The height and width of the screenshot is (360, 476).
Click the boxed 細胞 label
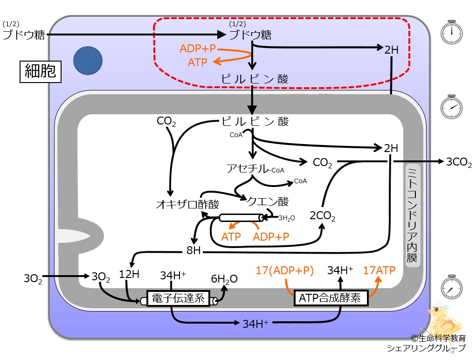tap(41, 72)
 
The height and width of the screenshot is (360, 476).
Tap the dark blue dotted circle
tap(88, 61)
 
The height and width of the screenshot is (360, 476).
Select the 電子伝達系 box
tap(178, 298)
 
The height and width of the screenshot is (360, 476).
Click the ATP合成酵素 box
tap(331, 298)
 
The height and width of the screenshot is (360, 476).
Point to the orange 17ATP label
tap(379, 270)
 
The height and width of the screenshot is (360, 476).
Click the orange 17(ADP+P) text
tap(284, 270)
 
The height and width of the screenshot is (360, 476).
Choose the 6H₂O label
tap(224, 279)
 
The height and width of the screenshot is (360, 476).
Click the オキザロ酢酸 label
tap(187, 204)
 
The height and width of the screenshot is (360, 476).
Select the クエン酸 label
tap(268, 201)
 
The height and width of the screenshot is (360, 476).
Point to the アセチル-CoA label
tap(255, 168)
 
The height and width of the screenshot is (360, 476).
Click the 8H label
tap(193, 250)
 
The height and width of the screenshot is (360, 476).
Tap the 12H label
tap(129, 274)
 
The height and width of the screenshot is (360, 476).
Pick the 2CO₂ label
tap(323, 216)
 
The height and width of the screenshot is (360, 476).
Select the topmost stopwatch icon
tap(451, 32)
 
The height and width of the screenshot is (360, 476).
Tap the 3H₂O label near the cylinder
tap(287, 218)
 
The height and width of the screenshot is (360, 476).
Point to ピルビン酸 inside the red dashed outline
tap(255, 79)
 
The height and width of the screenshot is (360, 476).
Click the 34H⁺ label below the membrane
tap(255, 324)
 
